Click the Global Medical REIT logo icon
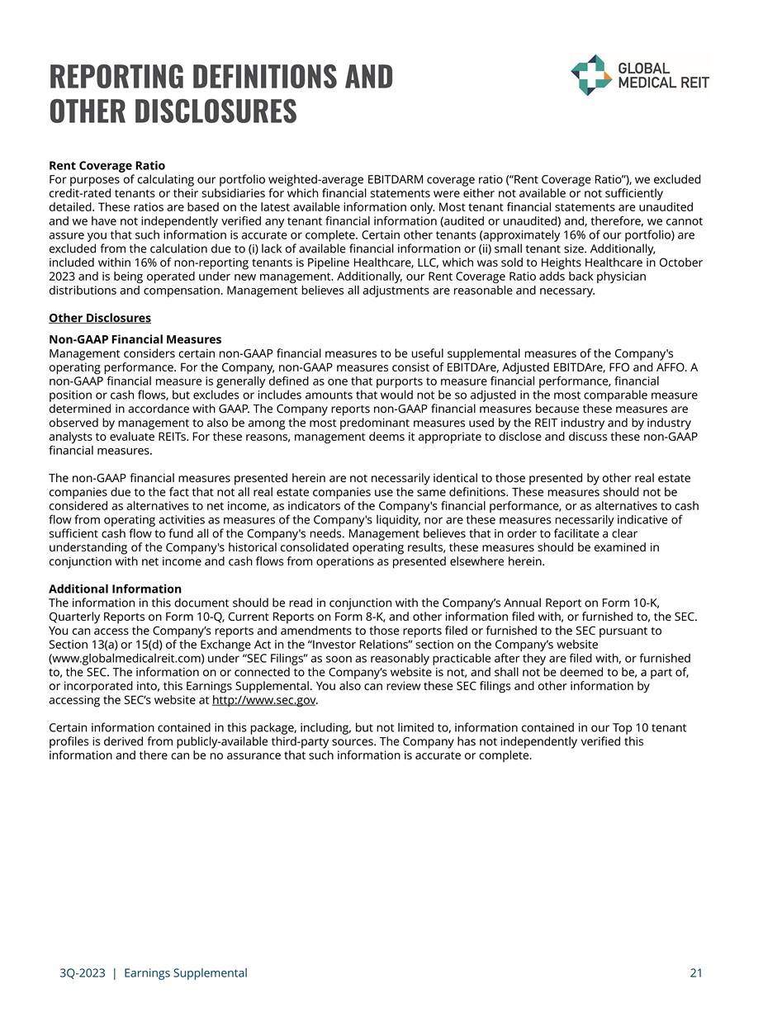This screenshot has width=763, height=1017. (591, 75)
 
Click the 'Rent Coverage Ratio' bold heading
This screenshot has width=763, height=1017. (107, 166)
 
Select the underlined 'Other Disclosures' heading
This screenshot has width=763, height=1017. (100, 318)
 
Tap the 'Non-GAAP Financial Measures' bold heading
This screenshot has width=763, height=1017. (135, 339)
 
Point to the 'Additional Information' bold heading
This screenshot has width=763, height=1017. (115, 589)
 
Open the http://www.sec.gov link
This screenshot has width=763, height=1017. (264, 700)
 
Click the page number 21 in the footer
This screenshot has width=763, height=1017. (696, 973)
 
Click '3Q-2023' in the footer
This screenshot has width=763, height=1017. (77, 973)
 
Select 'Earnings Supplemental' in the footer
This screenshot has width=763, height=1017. (185, 973)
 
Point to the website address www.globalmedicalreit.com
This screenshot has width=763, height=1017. (126, 658)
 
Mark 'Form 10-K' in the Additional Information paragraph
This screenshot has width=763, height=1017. (636, 603)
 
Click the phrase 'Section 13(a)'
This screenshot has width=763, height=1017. (86, 644)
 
